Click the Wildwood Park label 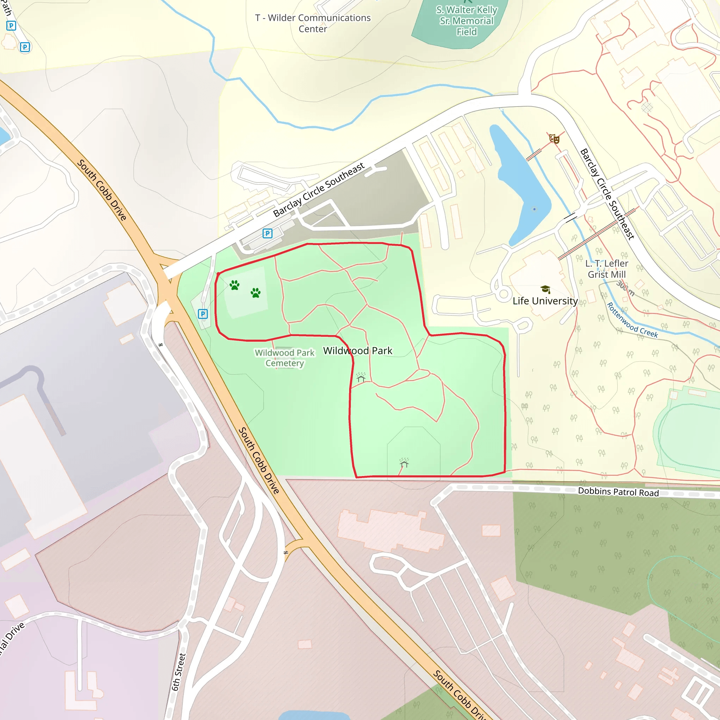(358, 351)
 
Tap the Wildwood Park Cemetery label (285, 358)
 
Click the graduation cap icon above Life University (545, 289)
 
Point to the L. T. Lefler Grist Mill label (606, 269)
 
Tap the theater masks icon (554, 139)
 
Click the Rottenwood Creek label (632, 320)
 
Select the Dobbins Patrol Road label (618, 492)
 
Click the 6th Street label (179, 672)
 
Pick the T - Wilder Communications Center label (313, 23)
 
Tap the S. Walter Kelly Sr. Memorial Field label (467, 21)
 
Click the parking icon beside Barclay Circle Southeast (267, 233)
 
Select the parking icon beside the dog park (203, 314)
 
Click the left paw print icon (234, 285)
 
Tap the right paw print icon (256, 293)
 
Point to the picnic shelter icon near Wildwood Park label (361, 378)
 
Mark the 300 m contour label (625, 288)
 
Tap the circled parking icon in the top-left (25, 47)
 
